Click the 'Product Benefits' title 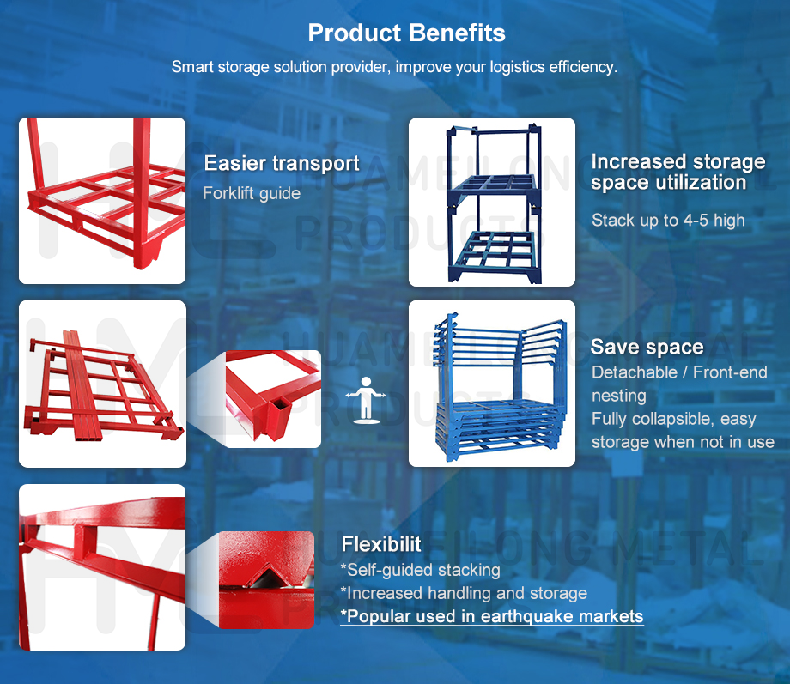pos(406,33)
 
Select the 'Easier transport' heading pos(281,163)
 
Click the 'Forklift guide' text pos(252,193)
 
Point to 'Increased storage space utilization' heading pos(678,172)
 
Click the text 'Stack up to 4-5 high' pos(668,221)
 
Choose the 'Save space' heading pos(647,347)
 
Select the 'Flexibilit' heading pos(381,544)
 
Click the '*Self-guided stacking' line pos(420,570)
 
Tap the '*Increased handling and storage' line pos(464,593)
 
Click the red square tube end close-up pos(273,399)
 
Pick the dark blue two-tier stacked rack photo pos(491,202)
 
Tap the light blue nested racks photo pos(491,384)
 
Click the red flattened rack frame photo pos(102,384)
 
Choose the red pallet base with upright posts pos(102,201)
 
